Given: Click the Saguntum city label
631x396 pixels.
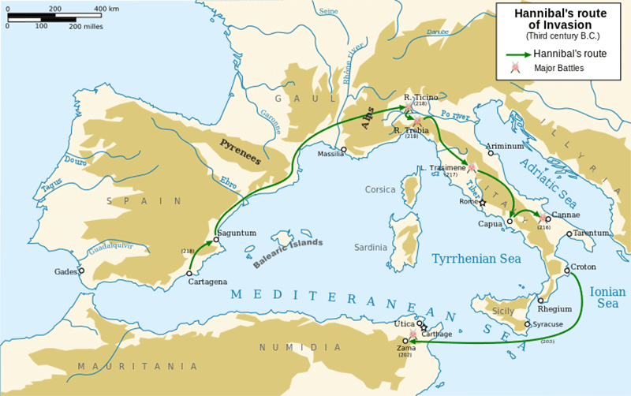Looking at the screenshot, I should click(239, 233).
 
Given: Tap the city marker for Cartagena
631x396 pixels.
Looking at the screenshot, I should click(189, 274).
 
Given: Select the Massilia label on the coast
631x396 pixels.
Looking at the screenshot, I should click(330, 154).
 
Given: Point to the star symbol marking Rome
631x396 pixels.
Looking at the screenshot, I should click(484, 204).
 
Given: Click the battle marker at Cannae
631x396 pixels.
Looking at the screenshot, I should click(541, 218).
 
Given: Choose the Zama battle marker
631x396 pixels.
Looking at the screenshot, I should click(412, 334).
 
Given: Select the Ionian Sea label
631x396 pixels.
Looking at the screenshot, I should click(607, 297).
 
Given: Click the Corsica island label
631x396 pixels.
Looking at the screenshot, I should click(379, 189).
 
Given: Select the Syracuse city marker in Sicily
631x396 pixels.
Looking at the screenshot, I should click(527, 324).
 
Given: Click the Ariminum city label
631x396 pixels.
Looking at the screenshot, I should click(505, 147).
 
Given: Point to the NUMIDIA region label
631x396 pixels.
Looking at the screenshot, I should click(291, 347).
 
